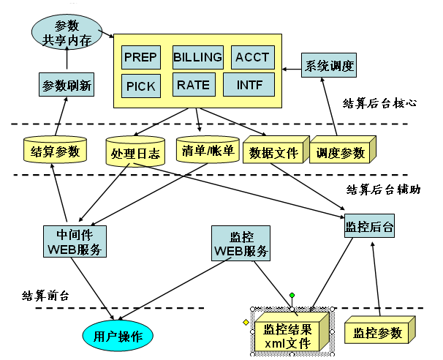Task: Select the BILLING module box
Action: click(197, 57)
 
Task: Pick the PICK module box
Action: click(140, 86)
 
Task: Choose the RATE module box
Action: click(193, 85)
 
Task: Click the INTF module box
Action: click(249, 84)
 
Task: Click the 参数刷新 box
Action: click(66, 85)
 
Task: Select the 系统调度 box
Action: click(329, 66)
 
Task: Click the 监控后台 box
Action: click(369, 227)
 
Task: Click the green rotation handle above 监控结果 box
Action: click(292, 296)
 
